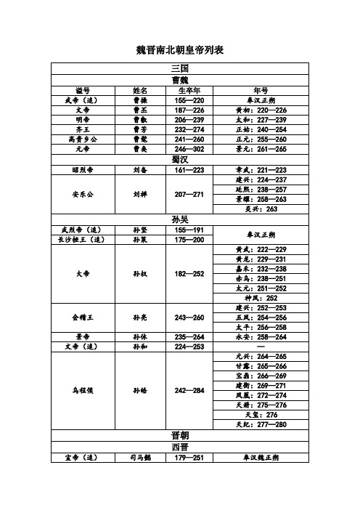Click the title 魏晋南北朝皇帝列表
click(x=180, y=50)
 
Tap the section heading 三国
click(x=180, y=68)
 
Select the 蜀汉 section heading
click(x=180, y=158)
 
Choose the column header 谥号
click(x=82, y=90)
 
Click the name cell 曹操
click(x=140, y=100)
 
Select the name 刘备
click(x=140, y=169)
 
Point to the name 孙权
click(x=140, y=274)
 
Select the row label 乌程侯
click(x=82, y=390)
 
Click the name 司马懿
click(x=140, y=458)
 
